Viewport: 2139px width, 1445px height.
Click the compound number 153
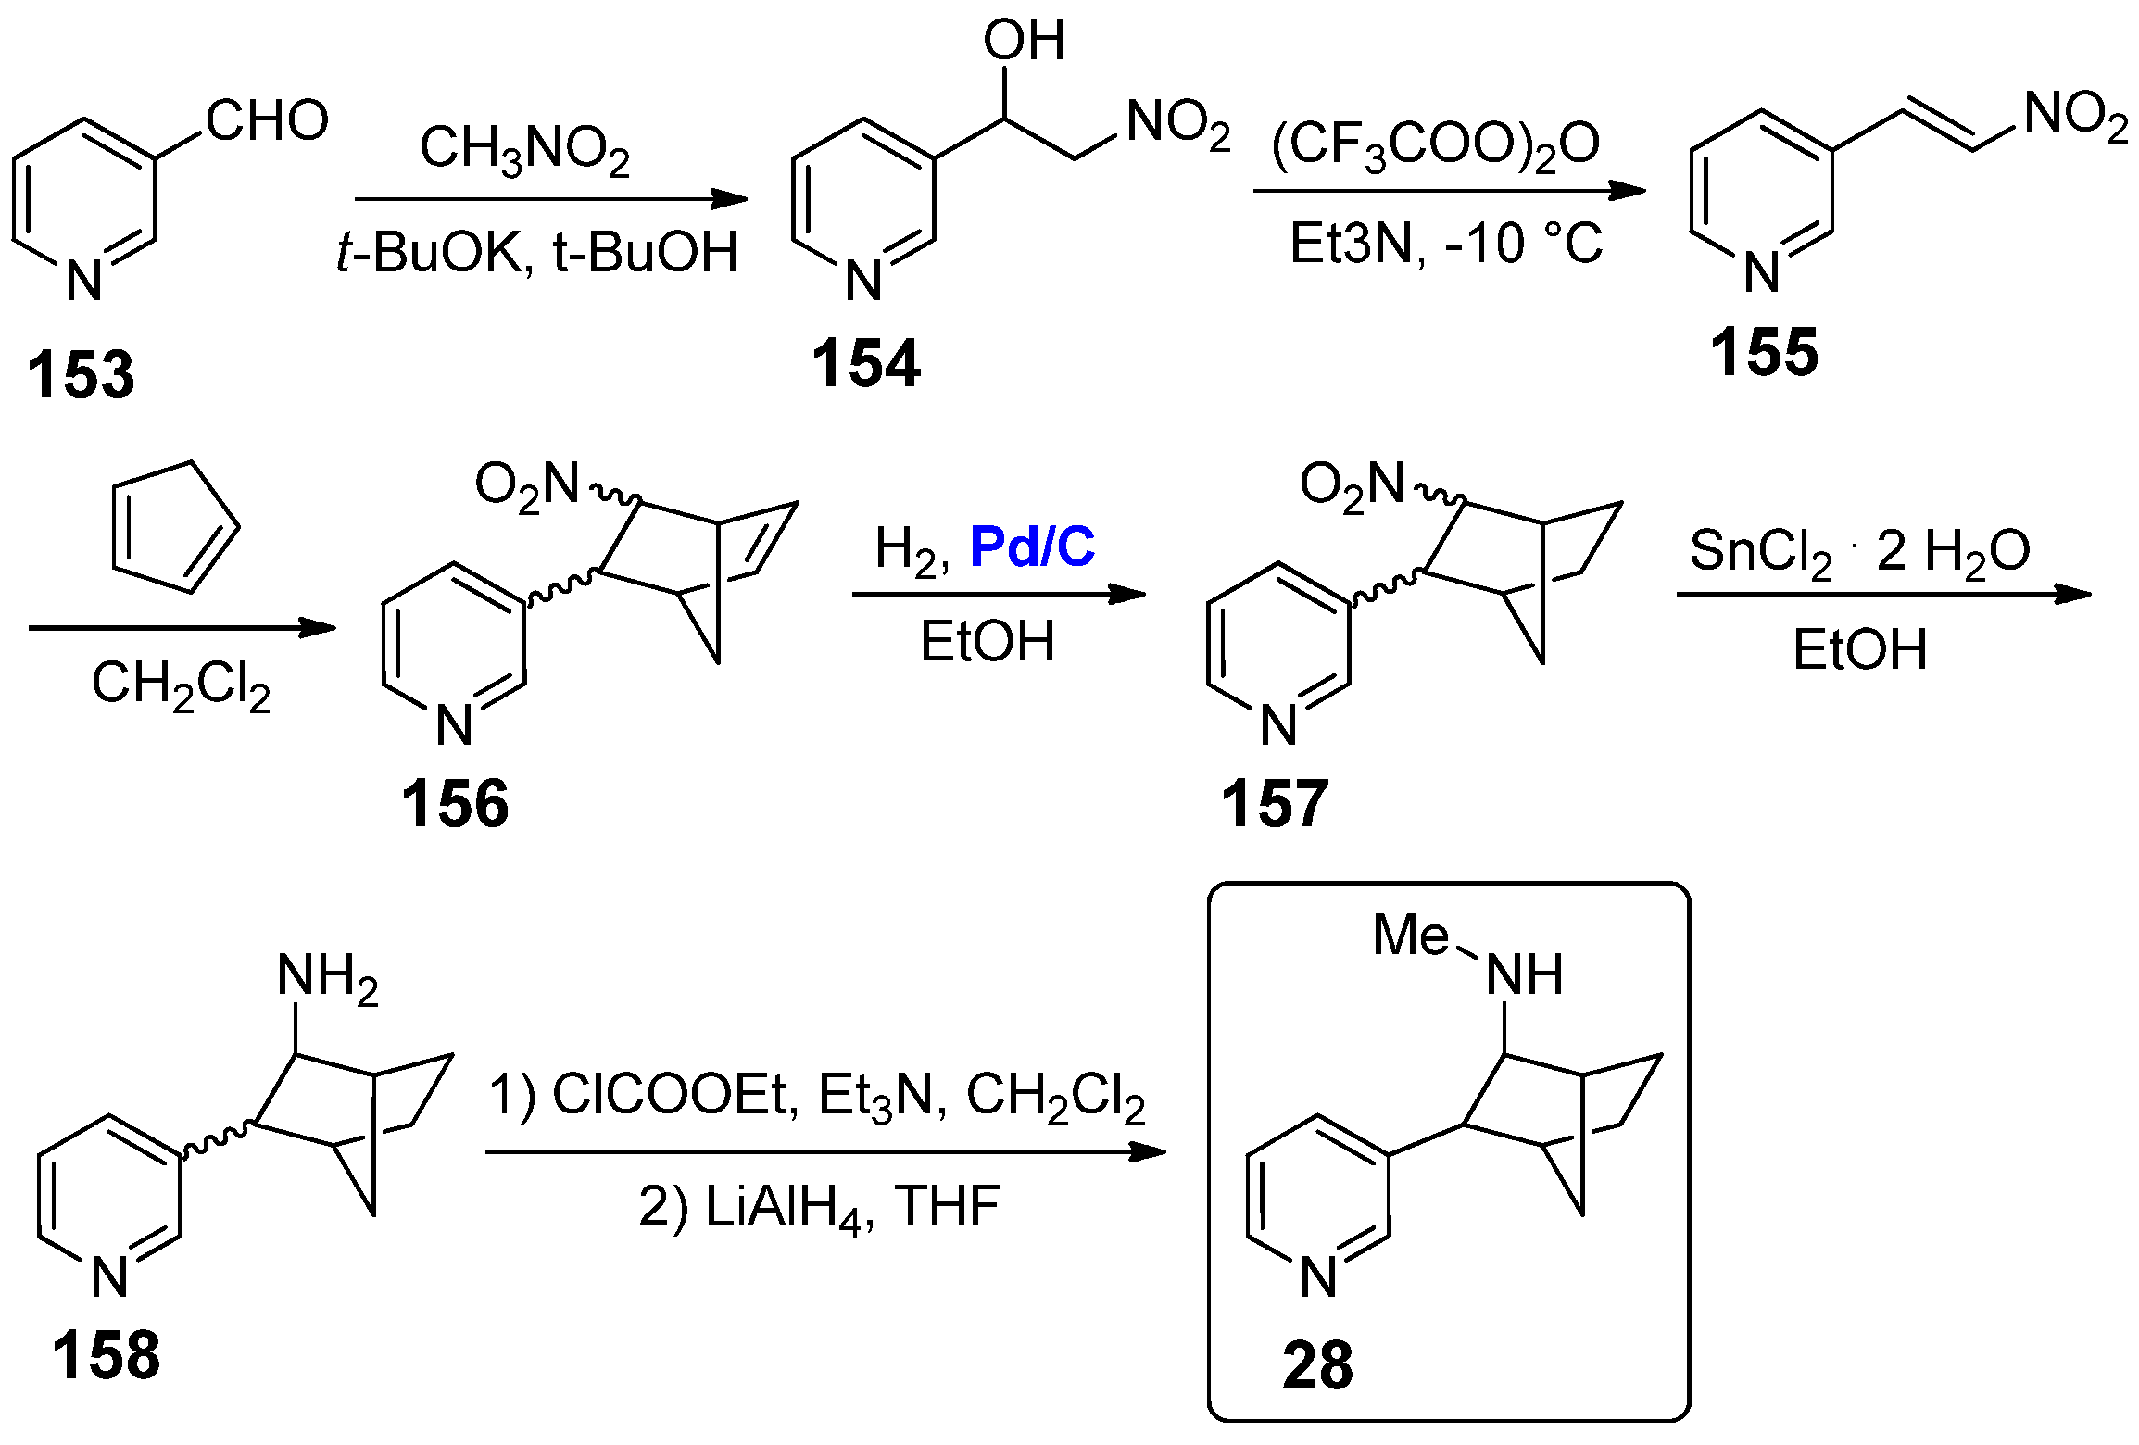[x=81, y=375]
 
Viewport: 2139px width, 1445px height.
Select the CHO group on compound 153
[x=267, y=120]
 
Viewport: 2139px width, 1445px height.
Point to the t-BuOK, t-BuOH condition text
[x=537, y=252]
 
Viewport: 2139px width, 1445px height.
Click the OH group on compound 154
[x=1024, y=41]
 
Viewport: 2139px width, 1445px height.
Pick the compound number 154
[x=865, y=363]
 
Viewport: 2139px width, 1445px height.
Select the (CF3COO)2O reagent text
[x=1435, y=145]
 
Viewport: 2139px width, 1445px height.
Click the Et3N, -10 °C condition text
[x=1445, y=245]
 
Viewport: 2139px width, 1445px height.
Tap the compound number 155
[x=1764, y=353]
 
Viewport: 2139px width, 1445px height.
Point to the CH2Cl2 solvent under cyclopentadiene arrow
[x=181, y=685]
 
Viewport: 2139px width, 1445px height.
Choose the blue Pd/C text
[x=1032, y=547]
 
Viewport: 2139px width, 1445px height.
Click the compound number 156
[x=454, y=803]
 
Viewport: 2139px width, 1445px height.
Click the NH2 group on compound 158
[x=327, y=977]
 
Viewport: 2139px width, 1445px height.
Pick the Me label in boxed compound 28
[x=1410, y=935]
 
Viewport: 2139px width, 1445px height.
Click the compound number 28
[x=1316, y=1365]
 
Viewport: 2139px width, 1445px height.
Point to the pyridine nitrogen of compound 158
[x=109, y=1277]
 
